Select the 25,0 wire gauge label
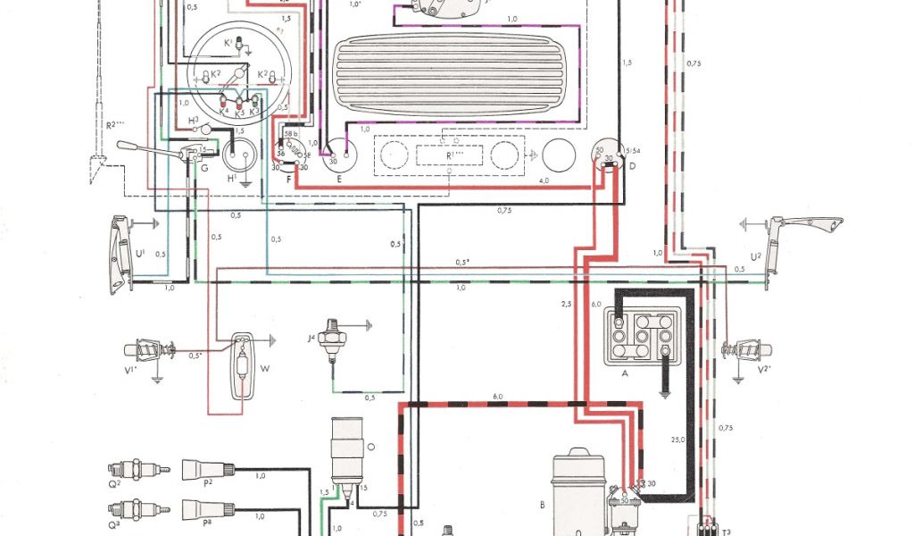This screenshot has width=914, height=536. (x=678, y=440)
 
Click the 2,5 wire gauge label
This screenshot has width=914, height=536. (x=566, y=305)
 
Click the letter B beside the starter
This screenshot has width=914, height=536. (x=541, y=504)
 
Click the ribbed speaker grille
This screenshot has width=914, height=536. (x=454, y=75)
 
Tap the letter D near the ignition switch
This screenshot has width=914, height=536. (x=631, y=166)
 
